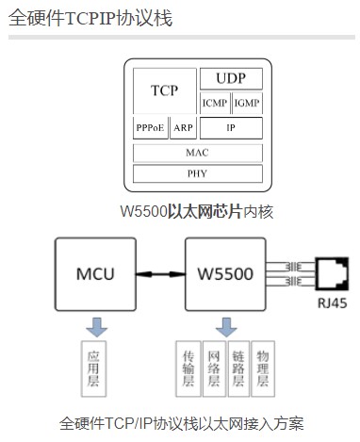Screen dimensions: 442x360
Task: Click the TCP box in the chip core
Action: [x=164, y=91]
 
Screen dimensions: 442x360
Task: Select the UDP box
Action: [x=231, y=79]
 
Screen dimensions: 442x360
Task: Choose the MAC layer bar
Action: [x=197, y=152]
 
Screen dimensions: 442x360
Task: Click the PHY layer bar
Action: [x=197, y=173]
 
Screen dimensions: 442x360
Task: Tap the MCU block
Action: [x=94, y=274]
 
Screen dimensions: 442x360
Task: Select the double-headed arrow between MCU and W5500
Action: [x=159, y=275]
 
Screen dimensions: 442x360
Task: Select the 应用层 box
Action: [x=93, y=369]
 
